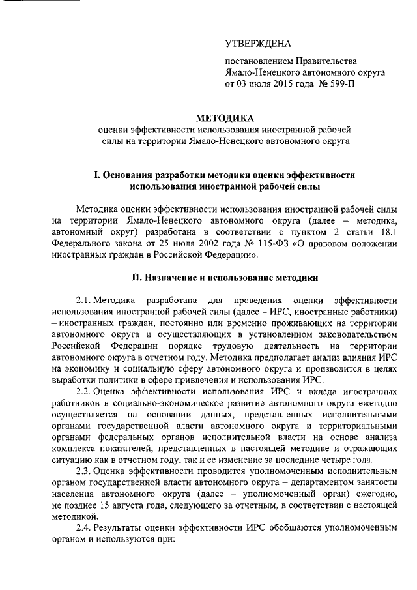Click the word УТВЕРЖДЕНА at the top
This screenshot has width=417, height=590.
pos(258,44)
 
